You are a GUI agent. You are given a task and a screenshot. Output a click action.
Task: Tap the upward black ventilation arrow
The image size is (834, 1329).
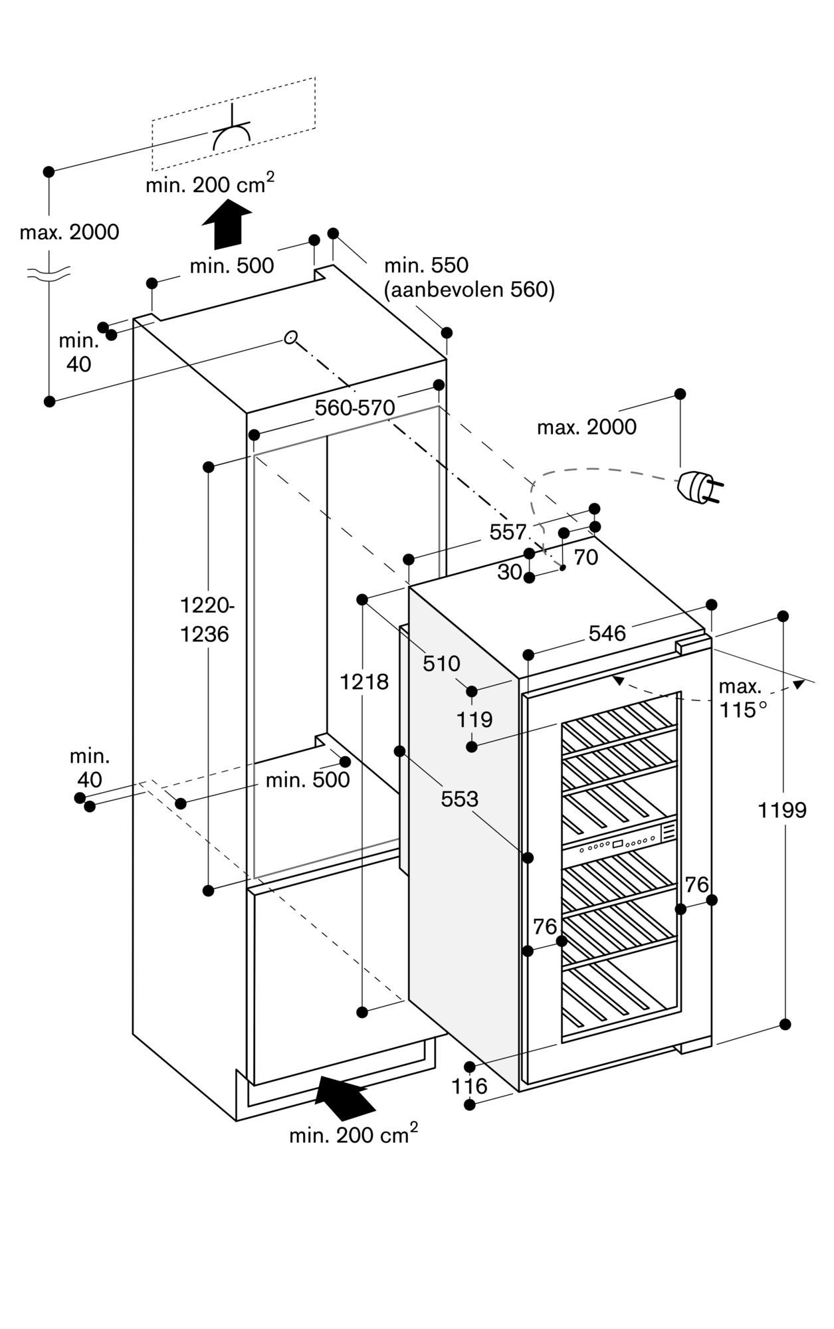[227, 225]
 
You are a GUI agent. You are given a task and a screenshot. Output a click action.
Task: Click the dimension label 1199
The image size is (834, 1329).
[782, 810]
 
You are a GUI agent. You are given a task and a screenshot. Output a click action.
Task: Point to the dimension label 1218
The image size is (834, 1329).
[364, 681]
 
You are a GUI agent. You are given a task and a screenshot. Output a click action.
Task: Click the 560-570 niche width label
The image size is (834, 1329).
[354, 407]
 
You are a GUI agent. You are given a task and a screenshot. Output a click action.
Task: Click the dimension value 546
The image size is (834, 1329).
[607, 633]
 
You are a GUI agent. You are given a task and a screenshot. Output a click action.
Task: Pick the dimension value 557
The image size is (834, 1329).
[508, 532]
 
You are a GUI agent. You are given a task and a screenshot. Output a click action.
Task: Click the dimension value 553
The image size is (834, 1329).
[459, 799]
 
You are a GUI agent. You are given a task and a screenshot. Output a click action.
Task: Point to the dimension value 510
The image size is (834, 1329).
[441, 663]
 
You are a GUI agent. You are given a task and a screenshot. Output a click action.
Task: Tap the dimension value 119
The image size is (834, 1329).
[474, 719]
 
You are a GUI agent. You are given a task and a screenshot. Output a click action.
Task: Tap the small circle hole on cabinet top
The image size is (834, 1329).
[290, 338]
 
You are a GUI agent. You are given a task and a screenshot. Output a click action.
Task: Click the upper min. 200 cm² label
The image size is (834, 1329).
[209, 184]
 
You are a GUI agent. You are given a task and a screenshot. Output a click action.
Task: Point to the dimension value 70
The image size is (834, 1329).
[585, 557]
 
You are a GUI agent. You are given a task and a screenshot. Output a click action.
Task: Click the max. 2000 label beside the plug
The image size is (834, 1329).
[586, 427]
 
